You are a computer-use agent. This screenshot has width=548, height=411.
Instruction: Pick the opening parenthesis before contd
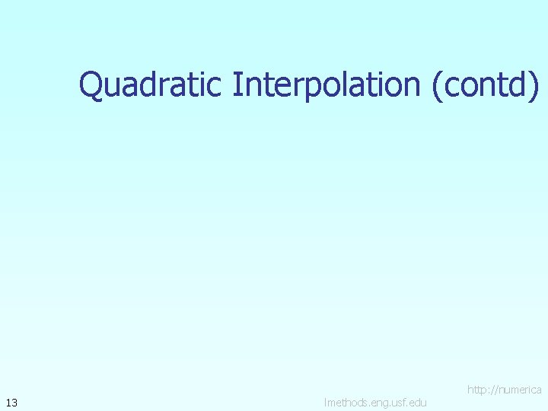tap(437, 85)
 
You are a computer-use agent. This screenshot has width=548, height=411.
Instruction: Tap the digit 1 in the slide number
tap(8, 402)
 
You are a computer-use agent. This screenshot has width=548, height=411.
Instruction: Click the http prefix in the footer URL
tap(477, 390)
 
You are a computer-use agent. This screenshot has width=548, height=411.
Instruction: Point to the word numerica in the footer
tap(521, 390)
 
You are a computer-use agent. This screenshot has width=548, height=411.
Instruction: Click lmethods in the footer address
tap(346, 402)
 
